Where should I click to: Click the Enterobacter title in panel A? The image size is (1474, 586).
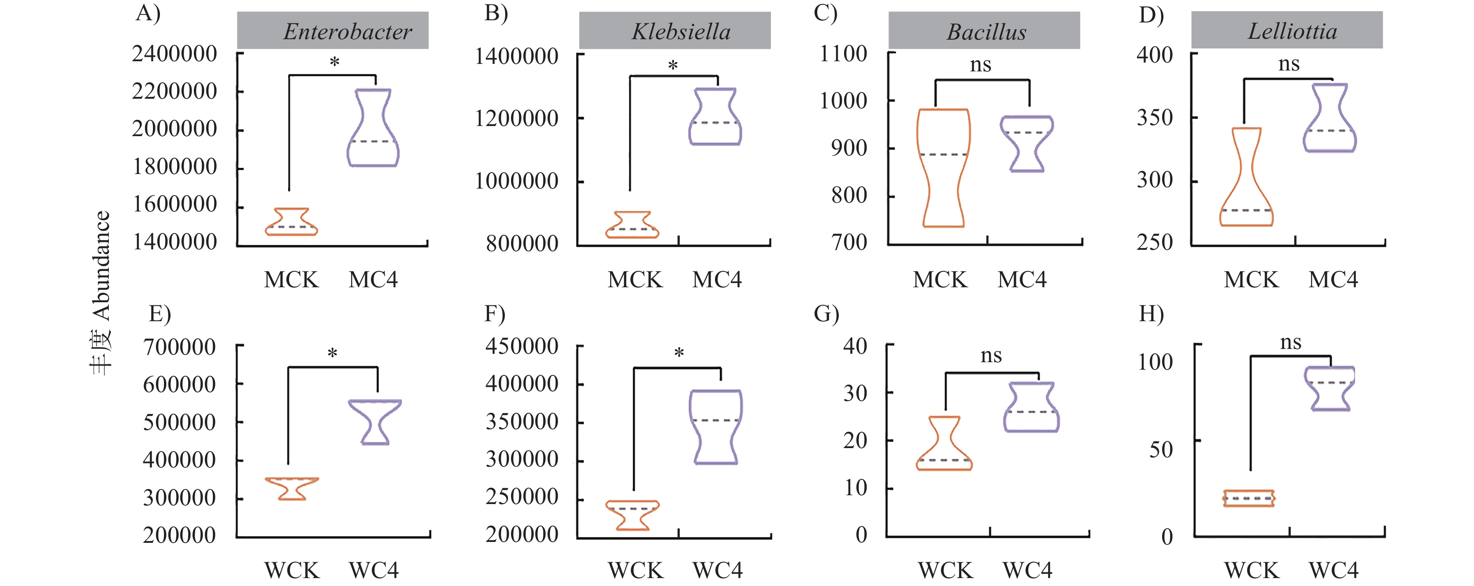(347, 31)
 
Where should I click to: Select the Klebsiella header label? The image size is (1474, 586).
(681, 31)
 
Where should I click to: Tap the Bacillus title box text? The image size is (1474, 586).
(986, 32)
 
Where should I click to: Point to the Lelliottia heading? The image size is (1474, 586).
(1292, 31)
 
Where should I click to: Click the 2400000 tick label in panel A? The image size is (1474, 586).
(174, 54)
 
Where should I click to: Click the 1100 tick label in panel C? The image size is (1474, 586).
(844, 54)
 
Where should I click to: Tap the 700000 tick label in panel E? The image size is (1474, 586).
(179, 347)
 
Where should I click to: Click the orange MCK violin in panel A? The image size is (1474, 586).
(291, 222)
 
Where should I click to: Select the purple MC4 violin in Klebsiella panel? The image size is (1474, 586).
(715, 116)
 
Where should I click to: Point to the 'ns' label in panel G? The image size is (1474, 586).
(991, 356)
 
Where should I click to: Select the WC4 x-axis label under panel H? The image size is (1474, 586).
(1333, 570)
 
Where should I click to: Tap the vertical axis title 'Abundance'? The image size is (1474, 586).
(101, 266)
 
